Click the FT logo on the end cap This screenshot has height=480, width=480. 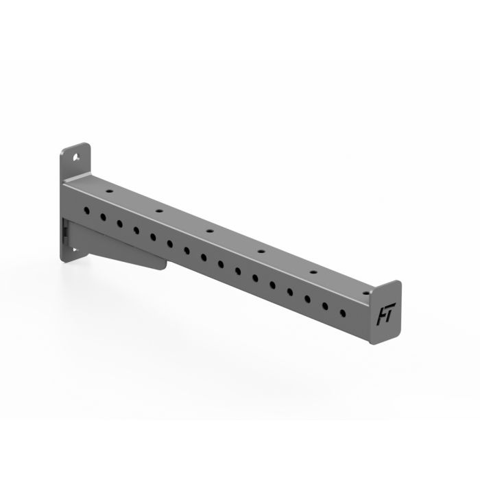(x=383, y=315)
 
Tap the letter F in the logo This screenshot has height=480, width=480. (x=379, y=315)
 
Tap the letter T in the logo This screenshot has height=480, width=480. (x=387, y=314)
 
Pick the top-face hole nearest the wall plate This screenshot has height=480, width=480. (x=107, y=185)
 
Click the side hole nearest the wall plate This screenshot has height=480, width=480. (x=87, y=210)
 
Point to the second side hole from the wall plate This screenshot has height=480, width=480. (x=104, y=217)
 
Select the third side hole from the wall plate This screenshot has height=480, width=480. (x=120, y=223)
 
